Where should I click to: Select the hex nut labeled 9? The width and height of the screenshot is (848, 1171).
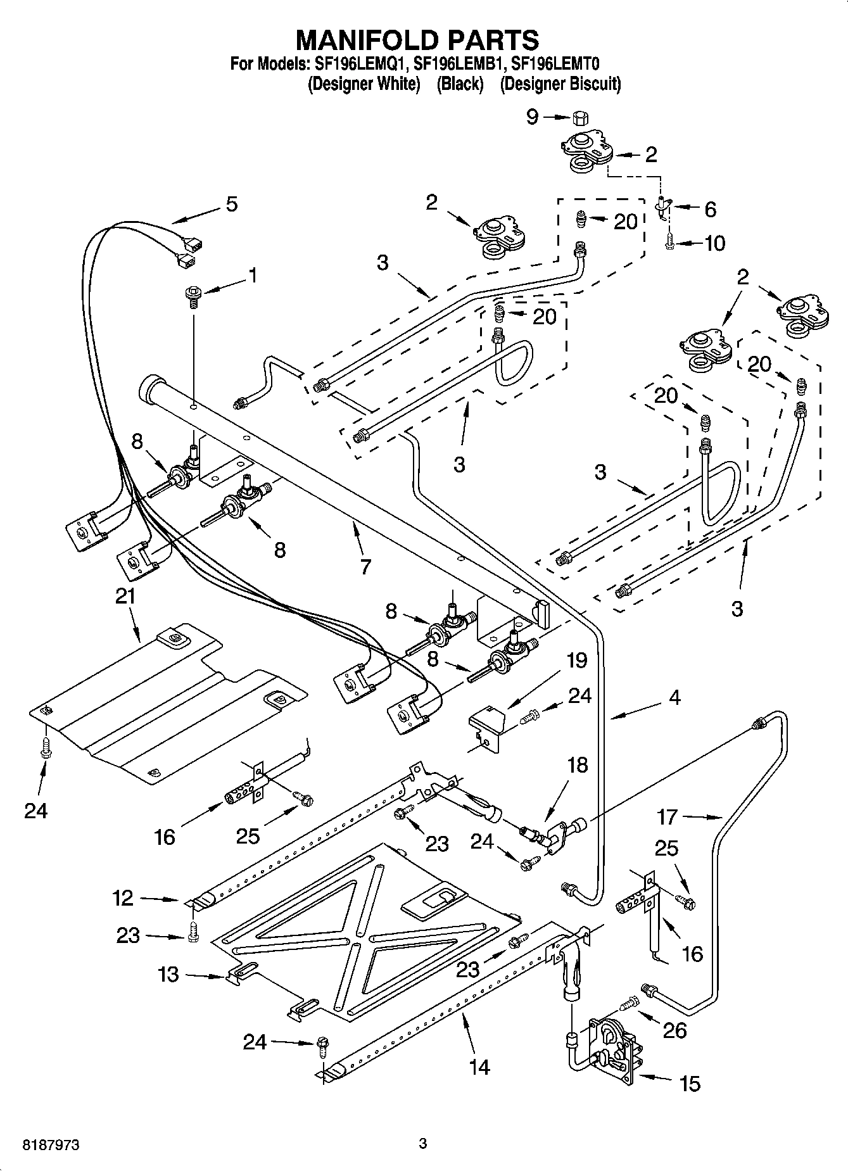coord(578,118)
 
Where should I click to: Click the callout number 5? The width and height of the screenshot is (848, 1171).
coord(231,204)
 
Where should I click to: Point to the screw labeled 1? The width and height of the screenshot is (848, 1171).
coord(193,295)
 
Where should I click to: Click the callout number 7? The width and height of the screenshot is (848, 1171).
coord(365,566)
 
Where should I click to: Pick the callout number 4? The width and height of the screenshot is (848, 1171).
coord(674,697)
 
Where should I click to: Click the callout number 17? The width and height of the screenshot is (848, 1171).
coord(668,817)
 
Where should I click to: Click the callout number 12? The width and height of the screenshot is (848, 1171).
coord(123,898)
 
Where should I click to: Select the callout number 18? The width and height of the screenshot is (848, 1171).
coord(577,765)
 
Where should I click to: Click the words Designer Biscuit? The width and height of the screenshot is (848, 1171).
coord(560,84)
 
